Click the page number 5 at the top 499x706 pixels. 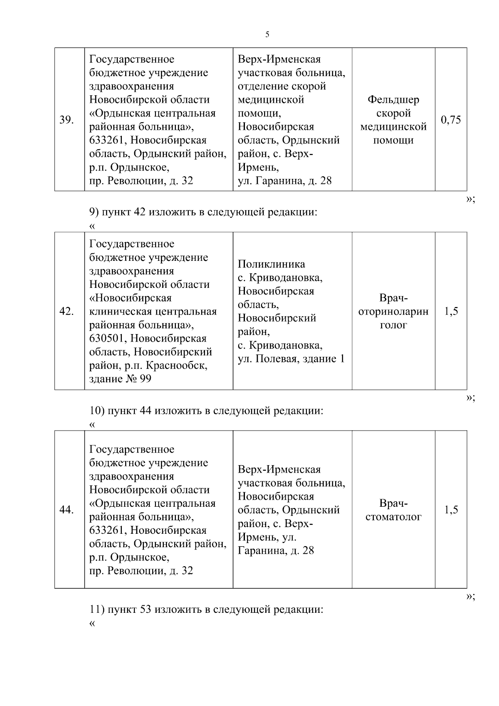[267, 35]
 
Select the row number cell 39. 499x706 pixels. [67, 120]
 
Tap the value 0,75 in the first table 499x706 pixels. [451, 120]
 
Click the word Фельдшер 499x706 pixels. [393, 100]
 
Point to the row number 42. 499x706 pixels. [67, 312]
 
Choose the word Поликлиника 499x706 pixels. [271, 264]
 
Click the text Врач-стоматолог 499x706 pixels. [393, 510]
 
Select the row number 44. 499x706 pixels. [67, 510]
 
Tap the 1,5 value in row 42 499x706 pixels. [451, 312]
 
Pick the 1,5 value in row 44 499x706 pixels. [451, 510]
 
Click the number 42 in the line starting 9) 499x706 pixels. [139, 212]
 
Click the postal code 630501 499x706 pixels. [107, 339]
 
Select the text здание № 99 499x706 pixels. [120, 379]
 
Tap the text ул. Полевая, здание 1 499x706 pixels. [291, 359]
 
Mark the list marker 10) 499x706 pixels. [97, 411]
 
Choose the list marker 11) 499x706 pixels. [97, 610]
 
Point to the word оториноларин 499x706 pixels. [393, 312]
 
